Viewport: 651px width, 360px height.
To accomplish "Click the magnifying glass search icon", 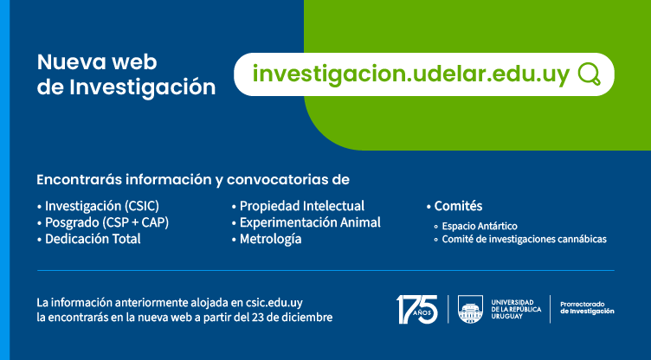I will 589,74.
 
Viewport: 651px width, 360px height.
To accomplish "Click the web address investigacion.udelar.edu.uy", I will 411,74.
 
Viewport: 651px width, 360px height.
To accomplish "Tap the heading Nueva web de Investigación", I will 126,74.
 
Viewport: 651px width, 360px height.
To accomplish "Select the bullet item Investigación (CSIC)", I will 102,206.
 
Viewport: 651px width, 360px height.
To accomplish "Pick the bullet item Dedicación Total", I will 93,239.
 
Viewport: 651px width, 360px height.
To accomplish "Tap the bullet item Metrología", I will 270,239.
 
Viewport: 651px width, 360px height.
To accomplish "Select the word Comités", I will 458,206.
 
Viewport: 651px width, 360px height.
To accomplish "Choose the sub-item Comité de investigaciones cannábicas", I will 524,239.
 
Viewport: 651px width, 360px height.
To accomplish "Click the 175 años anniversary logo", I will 416,309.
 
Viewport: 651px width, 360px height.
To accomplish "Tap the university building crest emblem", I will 471,309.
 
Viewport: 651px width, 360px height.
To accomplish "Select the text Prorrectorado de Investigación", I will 587,308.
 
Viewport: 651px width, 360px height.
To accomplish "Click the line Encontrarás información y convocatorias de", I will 193,180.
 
